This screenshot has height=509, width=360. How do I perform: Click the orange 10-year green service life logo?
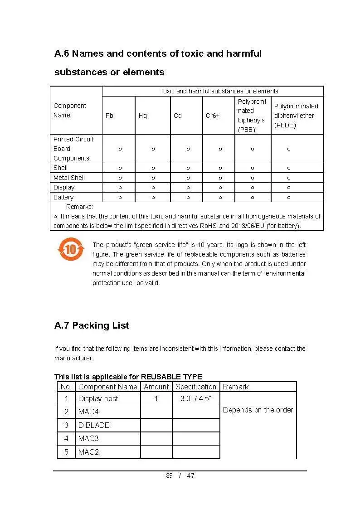coord(71,249)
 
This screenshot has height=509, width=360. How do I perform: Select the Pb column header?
coord(109,116)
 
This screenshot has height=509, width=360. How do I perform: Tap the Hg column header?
coord(143,116)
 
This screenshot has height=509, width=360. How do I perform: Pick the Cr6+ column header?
coord(213,116)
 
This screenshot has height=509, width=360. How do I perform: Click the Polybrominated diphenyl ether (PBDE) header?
coord(296,116)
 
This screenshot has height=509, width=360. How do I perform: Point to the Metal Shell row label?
coord(69,178)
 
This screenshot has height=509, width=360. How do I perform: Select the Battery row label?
coord(63,197)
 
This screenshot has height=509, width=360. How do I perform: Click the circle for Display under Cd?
coord(188,187)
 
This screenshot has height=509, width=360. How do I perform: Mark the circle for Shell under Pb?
coord(120,168)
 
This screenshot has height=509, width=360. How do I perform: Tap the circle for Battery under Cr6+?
coord(220,197)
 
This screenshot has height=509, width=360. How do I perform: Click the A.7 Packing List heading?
coord(92,325)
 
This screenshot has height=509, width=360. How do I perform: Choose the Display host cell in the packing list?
coord(98,398)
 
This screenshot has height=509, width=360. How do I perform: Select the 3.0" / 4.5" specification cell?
coord(196,398)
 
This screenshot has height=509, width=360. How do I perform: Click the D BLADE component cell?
coord(94,425)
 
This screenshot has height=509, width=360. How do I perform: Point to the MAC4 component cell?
coord(88,412)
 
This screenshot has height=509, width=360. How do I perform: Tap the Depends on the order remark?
coord(258,410)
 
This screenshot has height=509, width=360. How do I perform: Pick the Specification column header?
coord(196,387)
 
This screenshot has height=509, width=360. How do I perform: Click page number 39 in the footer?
coord(169,475)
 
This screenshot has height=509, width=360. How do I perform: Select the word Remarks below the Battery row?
coord(79,207)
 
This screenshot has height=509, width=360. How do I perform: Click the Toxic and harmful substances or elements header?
coord(219,91)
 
